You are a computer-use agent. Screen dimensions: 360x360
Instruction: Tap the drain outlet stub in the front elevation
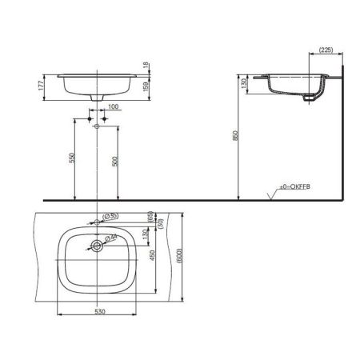tap(97, 98)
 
